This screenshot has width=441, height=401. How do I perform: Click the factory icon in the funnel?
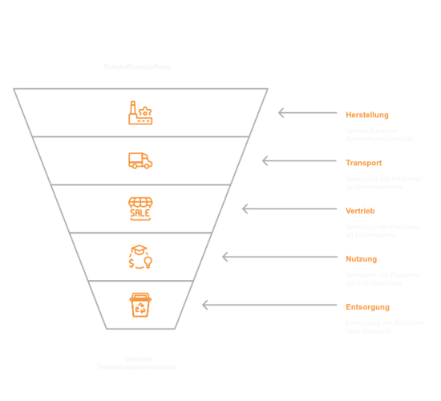tap(140, 112)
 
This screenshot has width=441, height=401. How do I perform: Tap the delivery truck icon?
tap(140, 161)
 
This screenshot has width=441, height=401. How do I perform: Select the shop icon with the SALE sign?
tap(140, 208)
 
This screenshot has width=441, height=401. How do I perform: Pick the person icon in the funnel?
tap(140, 257)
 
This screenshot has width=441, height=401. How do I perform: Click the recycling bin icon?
tap(140, 305)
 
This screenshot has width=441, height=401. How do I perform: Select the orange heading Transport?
tap(362, 162)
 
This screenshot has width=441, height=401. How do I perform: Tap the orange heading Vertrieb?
tap(359, 210)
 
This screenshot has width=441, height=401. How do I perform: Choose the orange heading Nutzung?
tap(360, 258)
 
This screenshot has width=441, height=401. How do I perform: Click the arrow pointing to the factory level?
tap(307, 113)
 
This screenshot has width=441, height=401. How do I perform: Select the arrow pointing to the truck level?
tap(299, 161)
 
